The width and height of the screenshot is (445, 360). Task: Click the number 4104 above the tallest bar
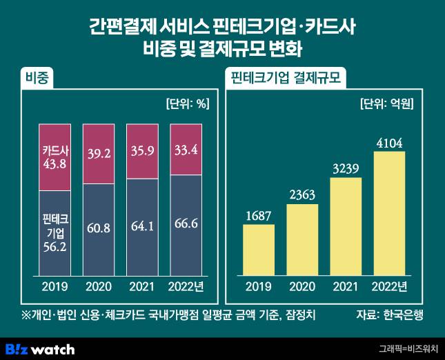(x=390, y=143)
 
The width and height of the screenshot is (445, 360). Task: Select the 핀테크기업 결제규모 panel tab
(x=285, y=77)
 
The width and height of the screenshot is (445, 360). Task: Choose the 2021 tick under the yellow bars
(x=346, y=286)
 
